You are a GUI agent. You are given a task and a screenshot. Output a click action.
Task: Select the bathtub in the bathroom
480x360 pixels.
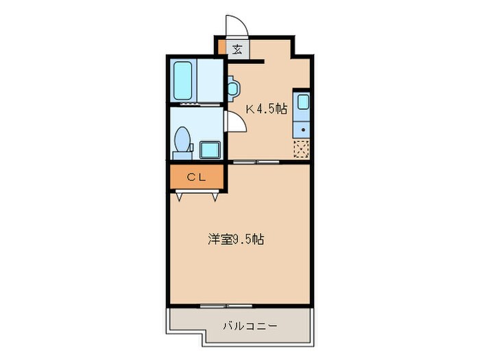pos(184,81)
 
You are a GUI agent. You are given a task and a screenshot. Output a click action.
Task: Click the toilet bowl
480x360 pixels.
pos(182,141)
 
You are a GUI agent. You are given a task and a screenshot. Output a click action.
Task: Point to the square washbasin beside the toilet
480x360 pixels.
pos(208,149)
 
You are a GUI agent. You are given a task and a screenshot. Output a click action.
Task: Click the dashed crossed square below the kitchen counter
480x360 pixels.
pos(302,148)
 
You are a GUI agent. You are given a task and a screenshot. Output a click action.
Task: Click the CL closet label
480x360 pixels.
pos(197,176)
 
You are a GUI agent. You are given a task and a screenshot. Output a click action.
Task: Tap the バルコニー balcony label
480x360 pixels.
pos(250,326)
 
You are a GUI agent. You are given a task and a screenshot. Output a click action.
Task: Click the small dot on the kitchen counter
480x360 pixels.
pos(302,129)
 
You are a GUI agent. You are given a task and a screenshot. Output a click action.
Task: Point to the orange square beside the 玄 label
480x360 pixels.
pos(222,49)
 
